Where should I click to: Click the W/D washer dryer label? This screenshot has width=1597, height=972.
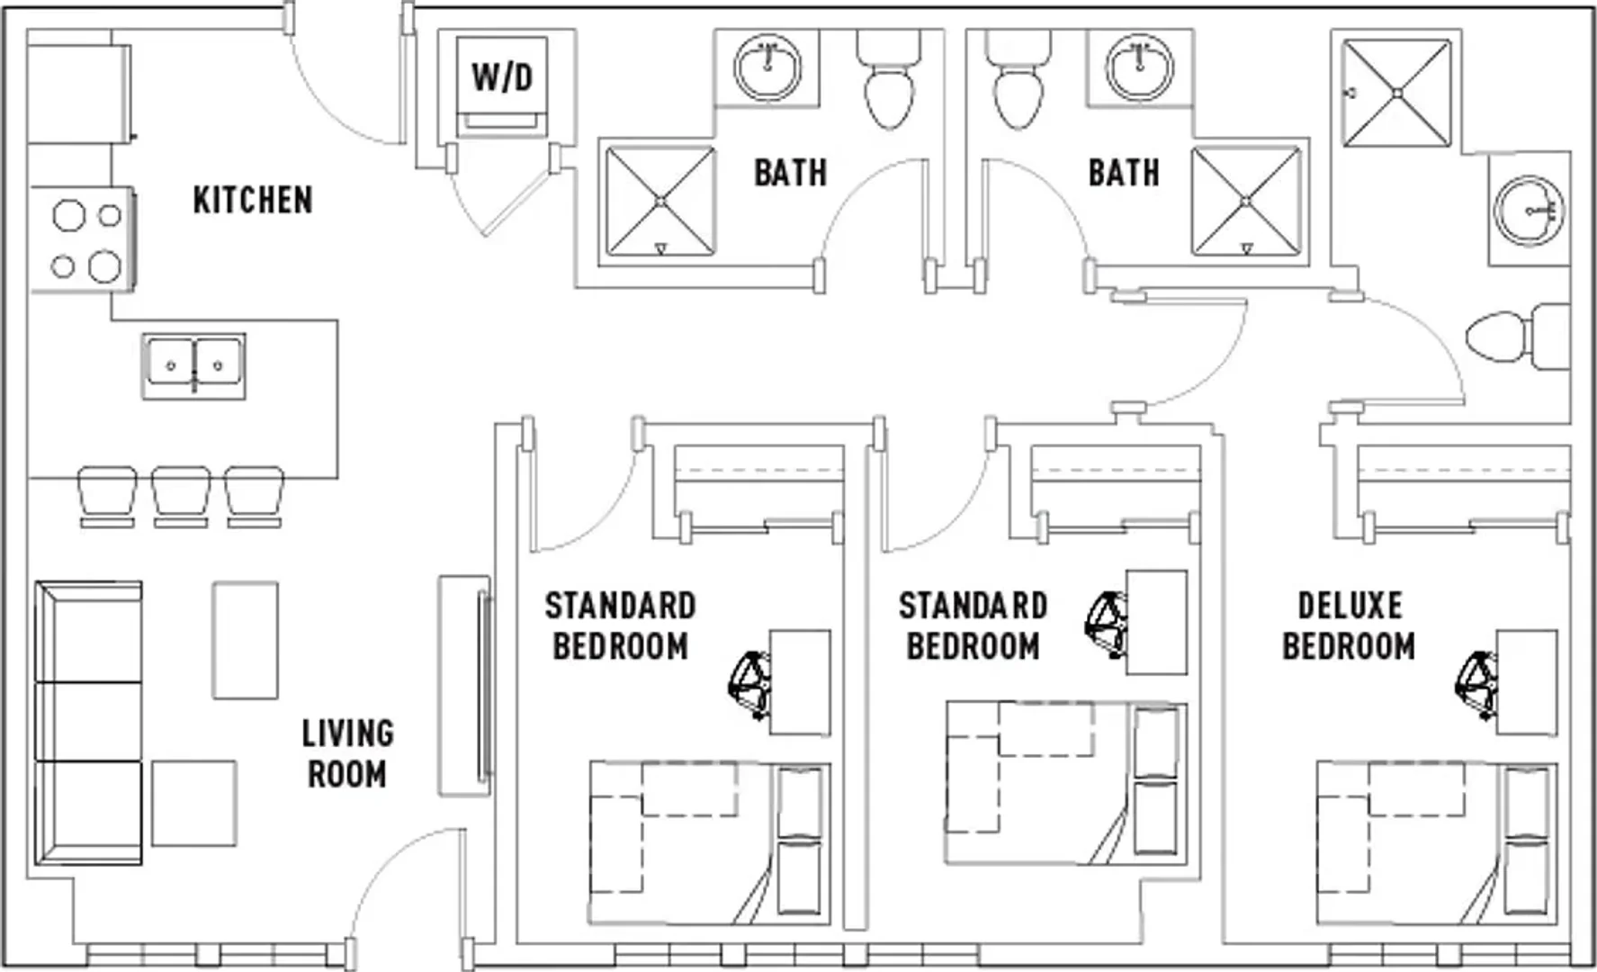(502, 77)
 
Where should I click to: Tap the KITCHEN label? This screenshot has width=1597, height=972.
(253, 200)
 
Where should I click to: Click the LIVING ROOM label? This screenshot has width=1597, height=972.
(347, 753)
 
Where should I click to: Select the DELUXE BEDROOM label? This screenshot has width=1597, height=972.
(1349, 625)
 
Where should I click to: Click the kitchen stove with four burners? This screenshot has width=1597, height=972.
(83, 238)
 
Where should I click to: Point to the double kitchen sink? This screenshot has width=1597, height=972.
(193, 366)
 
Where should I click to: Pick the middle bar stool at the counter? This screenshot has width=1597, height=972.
(181, 496)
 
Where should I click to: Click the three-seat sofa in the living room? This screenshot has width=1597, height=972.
(88, 723)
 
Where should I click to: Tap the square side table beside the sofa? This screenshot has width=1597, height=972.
(193, 803)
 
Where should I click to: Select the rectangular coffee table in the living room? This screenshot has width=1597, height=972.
(245, 640)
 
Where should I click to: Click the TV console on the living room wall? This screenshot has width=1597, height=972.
(464, 686)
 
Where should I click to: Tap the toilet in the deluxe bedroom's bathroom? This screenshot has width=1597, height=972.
(1518, 337)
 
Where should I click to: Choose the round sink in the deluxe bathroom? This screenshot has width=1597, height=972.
(1529, 210)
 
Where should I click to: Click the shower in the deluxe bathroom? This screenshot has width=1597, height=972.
(1396, 93)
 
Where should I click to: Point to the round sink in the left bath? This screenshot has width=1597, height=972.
(767, 67)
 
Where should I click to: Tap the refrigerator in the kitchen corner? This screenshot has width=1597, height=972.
(79, 93)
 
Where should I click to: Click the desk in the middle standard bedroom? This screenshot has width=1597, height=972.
(1156, 622)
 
